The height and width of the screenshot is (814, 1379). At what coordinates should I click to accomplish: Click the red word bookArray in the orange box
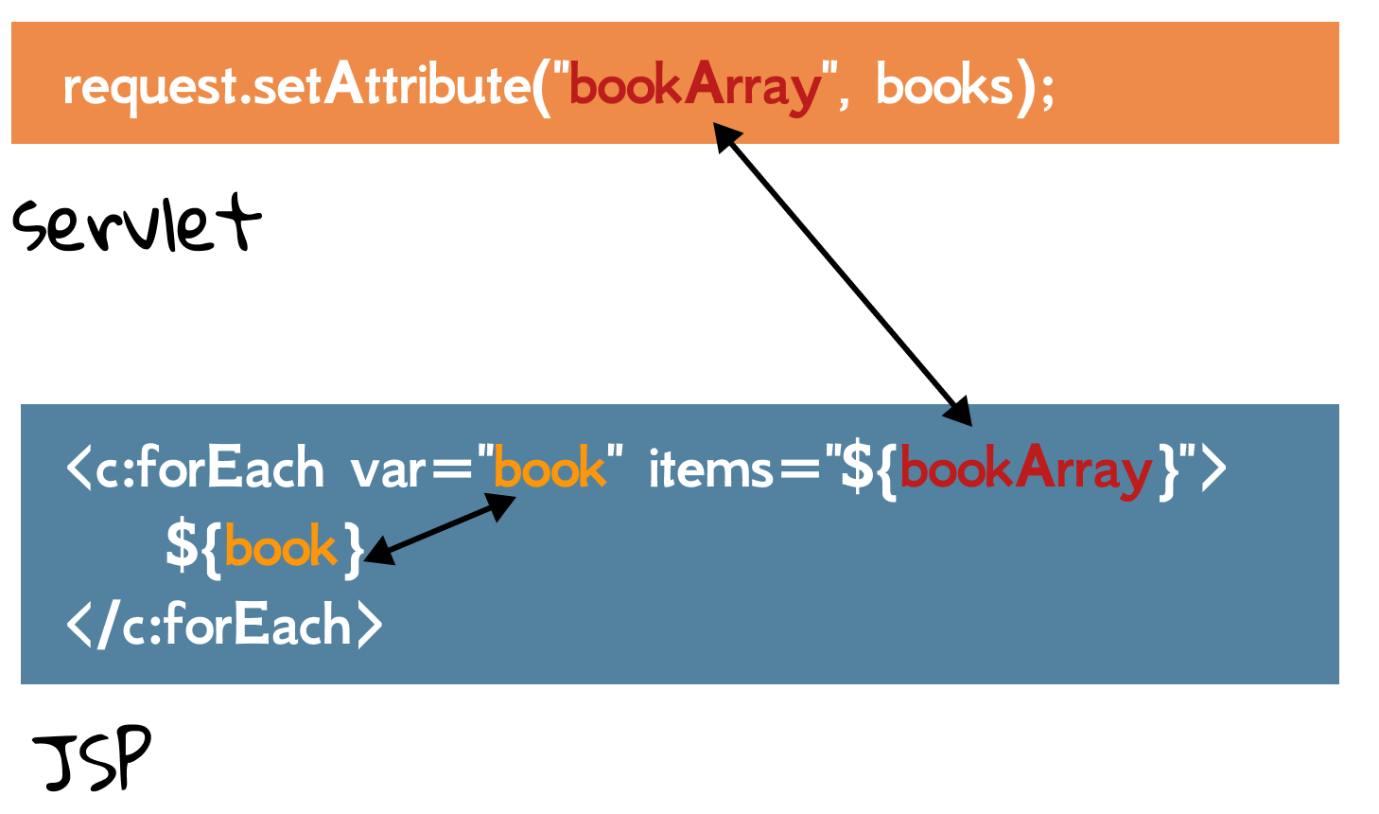[x=696, y=87]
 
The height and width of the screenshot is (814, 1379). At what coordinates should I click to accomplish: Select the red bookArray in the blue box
[x=1025, y=469]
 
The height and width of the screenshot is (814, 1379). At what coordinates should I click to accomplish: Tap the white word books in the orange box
[x=944, y=87]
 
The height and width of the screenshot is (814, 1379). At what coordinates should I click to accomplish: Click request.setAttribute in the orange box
[x=295, y=87]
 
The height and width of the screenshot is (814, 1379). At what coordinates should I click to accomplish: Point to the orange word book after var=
[x=550, y=469]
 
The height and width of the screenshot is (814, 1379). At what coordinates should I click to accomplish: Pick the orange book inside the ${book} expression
[x=281, y=547]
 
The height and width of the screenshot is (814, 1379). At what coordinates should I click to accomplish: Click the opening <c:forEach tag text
[x=195, y=469]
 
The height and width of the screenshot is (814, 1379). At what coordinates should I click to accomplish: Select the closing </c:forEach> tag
[x=224, y=626]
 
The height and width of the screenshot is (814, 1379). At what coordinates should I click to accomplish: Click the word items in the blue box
[x=710, y=469]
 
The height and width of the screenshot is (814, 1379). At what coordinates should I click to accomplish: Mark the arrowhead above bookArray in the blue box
[x=959, y=414]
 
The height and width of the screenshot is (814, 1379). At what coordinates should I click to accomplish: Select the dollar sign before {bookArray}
[x=857, y=469]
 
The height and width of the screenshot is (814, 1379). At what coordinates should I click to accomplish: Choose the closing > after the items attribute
[x=1213, y=469]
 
